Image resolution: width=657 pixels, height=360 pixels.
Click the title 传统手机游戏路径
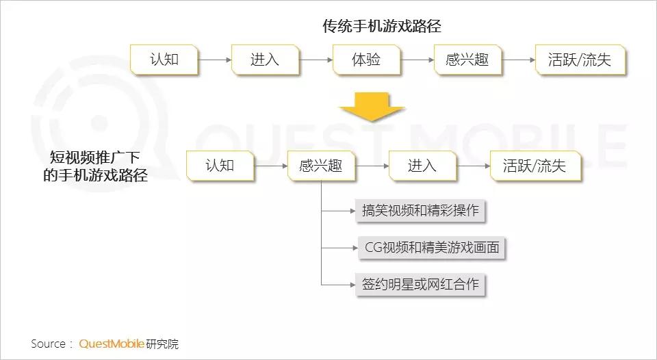coord(382,27)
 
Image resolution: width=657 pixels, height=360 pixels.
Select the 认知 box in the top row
coord(164,60)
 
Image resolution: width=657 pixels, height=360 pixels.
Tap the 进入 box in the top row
coord(265,60)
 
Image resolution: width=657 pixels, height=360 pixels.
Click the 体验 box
coord(366,60)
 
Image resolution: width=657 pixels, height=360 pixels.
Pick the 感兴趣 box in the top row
coord(467,60)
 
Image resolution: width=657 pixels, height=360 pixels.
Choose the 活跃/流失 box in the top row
coord(579,60)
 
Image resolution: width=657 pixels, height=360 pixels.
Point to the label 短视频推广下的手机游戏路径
coord(95,166)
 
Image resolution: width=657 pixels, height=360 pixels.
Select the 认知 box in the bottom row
coord(220,166)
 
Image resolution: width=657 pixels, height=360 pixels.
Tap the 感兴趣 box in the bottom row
coord(320,166)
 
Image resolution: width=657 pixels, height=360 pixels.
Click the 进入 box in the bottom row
coord(422,166)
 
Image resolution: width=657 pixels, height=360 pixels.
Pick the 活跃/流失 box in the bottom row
coord(534,166)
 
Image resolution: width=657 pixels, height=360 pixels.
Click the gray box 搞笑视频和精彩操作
coord(420,211)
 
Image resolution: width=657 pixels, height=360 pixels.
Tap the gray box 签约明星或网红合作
coord(420,284)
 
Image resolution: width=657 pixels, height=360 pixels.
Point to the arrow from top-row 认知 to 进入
coord(214,60)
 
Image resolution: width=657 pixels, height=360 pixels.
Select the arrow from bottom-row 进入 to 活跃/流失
coord(473,166)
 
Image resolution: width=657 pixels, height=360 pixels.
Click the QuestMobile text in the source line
coord(112,344)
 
